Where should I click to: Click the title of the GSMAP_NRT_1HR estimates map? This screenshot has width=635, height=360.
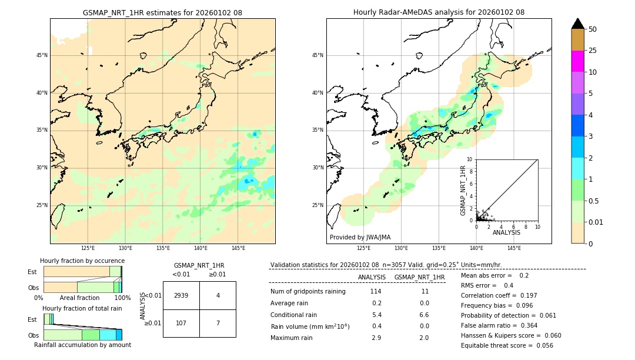162,12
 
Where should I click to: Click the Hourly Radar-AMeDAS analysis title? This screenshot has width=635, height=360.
439,12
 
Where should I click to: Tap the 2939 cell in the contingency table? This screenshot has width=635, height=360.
181,295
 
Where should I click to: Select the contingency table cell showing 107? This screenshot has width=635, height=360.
181,323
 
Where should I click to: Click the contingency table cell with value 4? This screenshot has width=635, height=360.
218,295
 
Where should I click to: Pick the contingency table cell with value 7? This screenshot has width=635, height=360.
218,323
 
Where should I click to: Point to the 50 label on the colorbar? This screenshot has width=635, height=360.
593,29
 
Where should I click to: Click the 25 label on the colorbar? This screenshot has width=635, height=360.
593,51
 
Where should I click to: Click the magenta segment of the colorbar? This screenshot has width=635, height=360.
577,61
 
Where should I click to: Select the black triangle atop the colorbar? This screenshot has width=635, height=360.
577,24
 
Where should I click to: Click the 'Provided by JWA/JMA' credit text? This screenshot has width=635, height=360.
360,237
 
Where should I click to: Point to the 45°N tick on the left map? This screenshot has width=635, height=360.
42,55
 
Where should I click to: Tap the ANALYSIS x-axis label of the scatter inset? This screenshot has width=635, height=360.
506,232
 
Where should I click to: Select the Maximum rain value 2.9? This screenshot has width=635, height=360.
377,338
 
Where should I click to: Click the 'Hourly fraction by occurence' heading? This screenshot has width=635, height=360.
82,261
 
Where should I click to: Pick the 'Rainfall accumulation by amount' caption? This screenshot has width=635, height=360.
82,345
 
